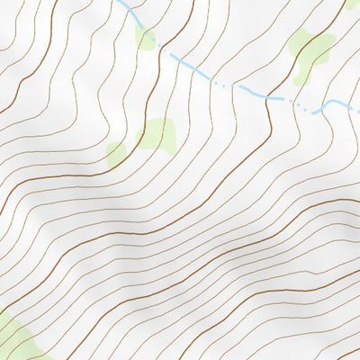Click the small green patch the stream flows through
(144, 37)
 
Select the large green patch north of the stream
(312, 49)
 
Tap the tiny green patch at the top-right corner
(352, 4)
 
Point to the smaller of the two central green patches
(116, 154)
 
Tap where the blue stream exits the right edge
(358, 112)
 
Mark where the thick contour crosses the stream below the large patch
(268, 97)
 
